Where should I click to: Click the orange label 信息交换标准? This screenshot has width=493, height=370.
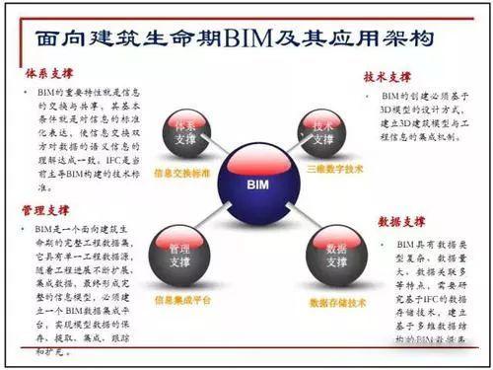point(183,174)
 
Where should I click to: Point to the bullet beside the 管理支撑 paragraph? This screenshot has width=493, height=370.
point(27,229)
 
